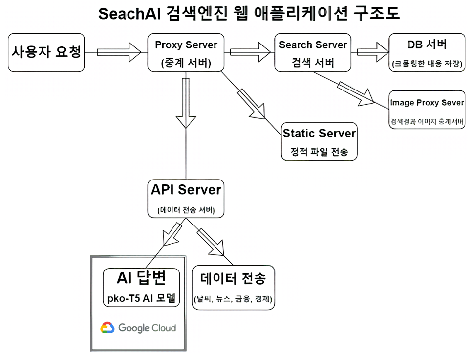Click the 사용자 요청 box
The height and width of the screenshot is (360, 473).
(x=46, y=52)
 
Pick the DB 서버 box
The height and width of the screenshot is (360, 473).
(x=427, y=52)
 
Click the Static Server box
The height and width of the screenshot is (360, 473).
(x=319, y=141)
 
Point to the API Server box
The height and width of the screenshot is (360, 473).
(x=185, y=198)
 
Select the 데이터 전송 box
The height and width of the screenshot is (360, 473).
(x=233, y=289)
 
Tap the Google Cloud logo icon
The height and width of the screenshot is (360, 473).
(x=107, y=328)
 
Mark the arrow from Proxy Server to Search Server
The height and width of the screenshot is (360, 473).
(x=252, y=51)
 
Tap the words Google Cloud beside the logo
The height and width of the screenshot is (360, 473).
(x=147, y=328)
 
